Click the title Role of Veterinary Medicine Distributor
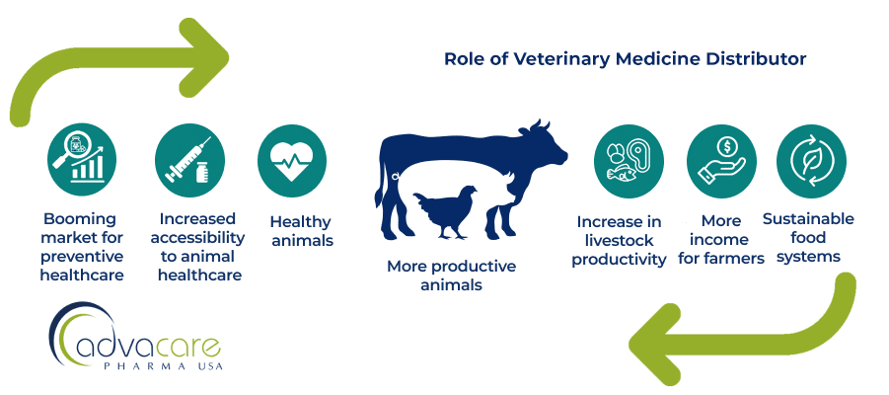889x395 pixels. click(625, 59)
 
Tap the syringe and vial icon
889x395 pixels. click(189, 160)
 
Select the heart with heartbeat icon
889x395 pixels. click(292, 160)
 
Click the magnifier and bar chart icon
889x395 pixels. click(82, 160)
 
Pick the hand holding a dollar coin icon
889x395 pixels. click(721, 160)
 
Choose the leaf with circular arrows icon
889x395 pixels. click(811, 160)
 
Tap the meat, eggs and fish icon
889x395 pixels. click(629, 160)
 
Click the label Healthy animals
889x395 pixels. click(301, 231)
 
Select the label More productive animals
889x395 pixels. click(451, 276)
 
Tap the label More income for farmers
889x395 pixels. click(721, 240)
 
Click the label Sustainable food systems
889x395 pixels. click(808, 237)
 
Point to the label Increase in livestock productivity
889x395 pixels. click(621, 240)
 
